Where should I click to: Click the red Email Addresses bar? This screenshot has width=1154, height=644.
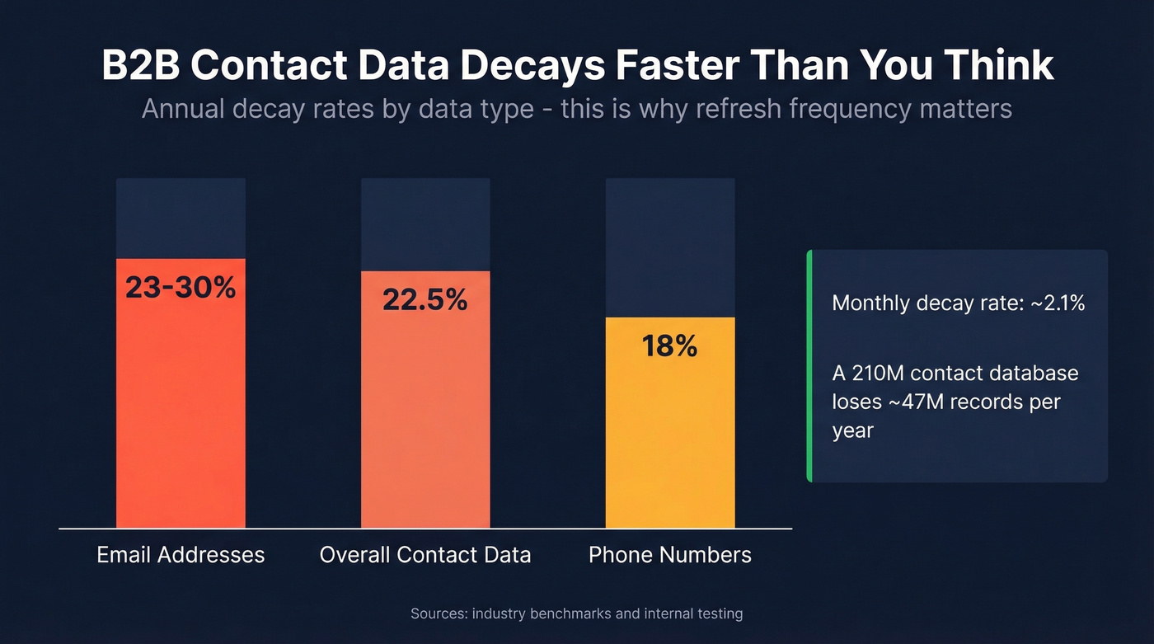(x=181, y=412)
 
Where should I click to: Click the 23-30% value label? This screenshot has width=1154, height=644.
(x=181, y=287)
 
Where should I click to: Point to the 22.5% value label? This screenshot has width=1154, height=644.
(x=425, y=300)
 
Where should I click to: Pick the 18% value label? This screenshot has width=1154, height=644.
(x=670, y=346)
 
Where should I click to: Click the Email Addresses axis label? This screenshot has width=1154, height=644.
(x=181, y=554)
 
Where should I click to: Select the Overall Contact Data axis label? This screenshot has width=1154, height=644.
(x=425, y=554)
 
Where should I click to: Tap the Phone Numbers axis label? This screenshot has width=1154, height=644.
(x=670, y=554)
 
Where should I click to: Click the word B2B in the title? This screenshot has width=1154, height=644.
(x=139, y=66)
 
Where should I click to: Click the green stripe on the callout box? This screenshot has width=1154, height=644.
(x=809, y=365)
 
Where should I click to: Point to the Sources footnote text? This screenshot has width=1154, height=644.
(x=576, y=613)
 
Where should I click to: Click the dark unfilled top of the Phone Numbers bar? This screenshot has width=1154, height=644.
(x=670, y=247)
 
